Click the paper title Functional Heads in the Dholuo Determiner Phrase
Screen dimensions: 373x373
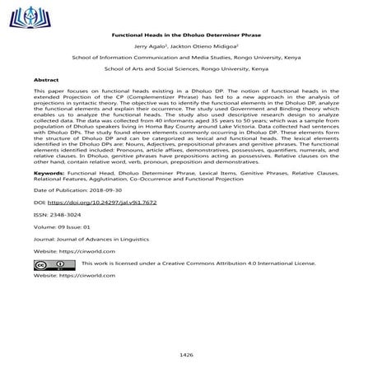[186, 37]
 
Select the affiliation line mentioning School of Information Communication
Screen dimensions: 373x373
[186, 61]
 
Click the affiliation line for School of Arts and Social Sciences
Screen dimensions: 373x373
[186, 72]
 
